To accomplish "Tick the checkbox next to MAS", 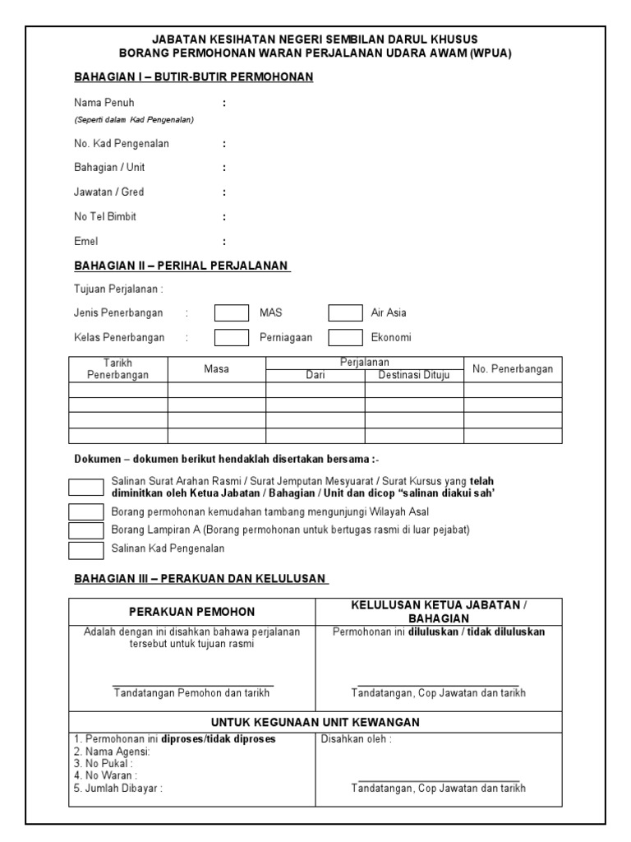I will click(231, 312).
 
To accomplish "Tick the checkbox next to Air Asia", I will click(345, 312).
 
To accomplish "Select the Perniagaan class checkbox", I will click(231, 337).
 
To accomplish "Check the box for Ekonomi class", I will click(345, 337).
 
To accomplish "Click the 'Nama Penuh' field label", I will click(104, 103).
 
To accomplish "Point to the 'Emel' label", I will click(86, 242).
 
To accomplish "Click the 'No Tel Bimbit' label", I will click(105, 217).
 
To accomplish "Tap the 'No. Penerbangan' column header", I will click(513, 369).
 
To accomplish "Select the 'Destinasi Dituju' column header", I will click(414, 375).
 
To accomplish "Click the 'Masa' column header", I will click(216, 369).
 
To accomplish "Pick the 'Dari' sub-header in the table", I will click(315, 375).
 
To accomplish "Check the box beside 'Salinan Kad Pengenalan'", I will click(85, 548).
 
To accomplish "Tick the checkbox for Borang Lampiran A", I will click(85, 530).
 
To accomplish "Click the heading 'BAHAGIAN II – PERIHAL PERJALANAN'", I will click(182, 266).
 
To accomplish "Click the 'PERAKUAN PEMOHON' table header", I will click(192, 612).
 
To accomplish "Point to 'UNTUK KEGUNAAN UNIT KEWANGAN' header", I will click(315, 722).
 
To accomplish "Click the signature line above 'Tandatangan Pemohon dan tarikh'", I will click(192, 684).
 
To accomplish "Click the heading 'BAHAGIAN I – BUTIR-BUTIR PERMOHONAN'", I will click(194, 76).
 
